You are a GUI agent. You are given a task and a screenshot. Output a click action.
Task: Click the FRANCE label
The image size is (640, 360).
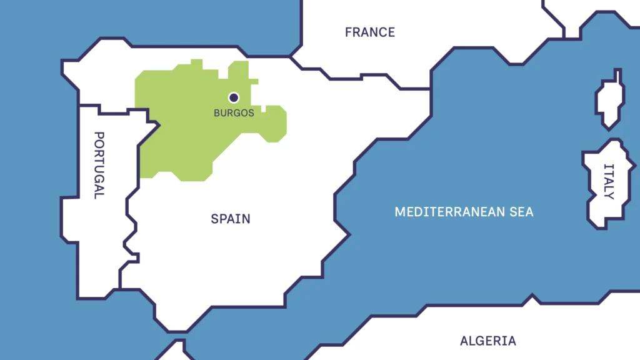click(370, 32)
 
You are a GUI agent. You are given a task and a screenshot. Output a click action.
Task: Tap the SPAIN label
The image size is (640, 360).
click(231, 219)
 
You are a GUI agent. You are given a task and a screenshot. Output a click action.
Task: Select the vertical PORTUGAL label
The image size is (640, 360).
click(98, 164)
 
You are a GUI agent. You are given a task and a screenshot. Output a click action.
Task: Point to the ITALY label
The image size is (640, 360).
click(609, 181)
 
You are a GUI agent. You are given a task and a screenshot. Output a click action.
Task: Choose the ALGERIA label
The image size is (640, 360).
click(488, 341)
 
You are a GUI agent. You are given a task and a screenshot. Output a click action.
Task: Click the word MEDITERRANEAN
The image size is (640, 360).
click(449, 212)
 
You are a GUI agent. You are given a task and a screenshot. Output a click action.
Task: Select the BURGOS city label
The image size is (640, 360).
click(234, 113)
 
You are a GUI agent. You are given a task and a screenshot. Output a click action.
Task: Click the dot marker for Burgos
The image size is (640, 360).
click(234, 97)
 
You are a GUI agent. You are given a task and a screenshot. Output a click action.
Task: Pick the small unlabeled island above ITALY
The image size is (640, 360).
click(609, 100)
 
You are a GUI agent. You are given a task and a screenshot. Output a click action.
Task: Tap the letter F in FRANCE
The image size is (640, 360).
click(348, 32)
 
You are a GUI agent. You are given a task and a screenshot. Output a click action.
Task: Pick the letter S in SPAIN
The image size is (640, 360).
click(214, 219)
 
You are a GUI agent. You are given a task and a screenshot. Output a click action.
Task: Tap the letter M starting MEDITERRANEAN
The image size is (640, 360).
click(399, 212)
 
